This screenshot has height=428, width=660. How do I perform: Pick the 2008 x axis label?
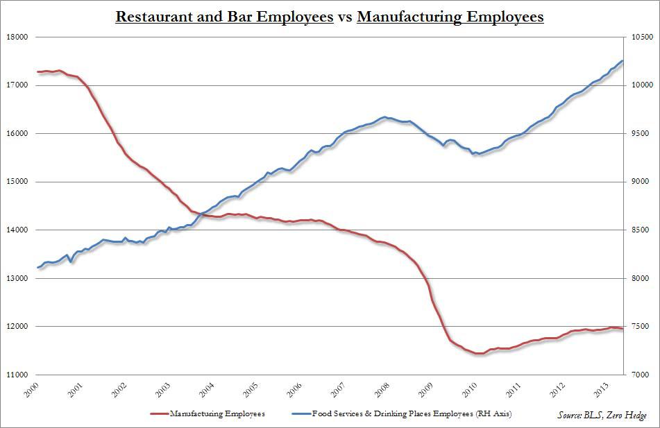[380, 389]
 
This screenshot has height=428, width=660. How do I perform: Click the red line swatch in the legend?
[164, 414]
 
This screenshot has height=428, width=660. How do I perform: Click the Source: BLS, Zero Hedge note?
[600, 415]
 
